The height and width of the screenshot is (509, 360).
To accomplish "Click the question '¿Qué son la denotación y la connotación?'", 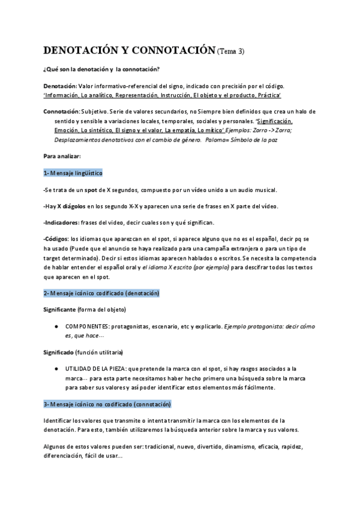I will [109, 69].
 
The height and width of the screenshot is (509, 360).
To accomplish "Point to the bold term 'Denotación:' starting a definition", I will [61, 86].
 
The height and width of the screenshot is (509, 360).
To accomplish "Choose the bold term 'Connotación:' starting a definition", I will [62, 112].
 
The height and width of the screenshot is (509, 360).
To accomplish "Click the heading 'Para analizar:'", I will [62, 155].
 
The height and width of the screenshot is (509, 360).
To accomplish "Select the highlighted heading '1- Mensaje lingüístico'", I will [73, 173].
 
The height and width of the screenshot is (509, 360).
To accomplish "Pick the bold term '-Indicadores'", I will [63, 223].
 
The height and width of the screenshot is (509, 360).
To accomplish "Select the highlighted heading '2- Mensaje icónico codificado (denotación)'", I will [101, 293].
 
